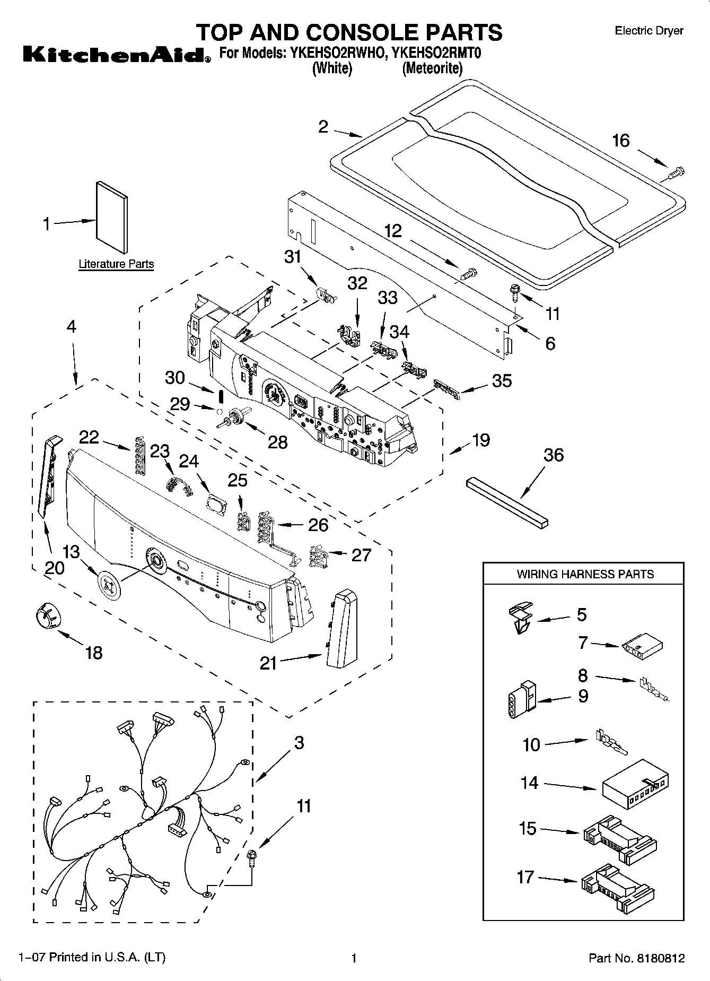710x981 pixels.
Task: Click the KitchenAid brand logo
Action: (113, 55)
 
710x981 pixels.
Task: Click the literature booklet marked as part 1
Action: (112, 218)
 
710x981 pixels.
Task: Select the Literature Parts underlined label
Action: (116, 264)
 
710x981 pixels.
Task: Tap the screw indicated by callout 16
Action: (676, 172)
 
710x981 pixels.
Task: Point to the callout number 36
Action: (554, 455)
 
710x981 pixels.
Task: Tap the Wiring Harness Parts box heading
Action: (584, 574)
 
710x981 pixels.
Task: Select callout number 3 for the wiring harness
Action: (299, 743)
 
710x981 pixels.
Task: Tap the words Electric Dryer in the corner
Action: (648, 31)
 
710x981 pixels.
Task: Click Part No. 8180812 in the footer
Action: (636, 958)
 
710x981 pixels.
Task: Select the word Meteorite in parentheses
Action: (432, 68)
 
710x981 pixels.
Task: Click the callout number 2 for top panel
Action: (323, 127)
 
